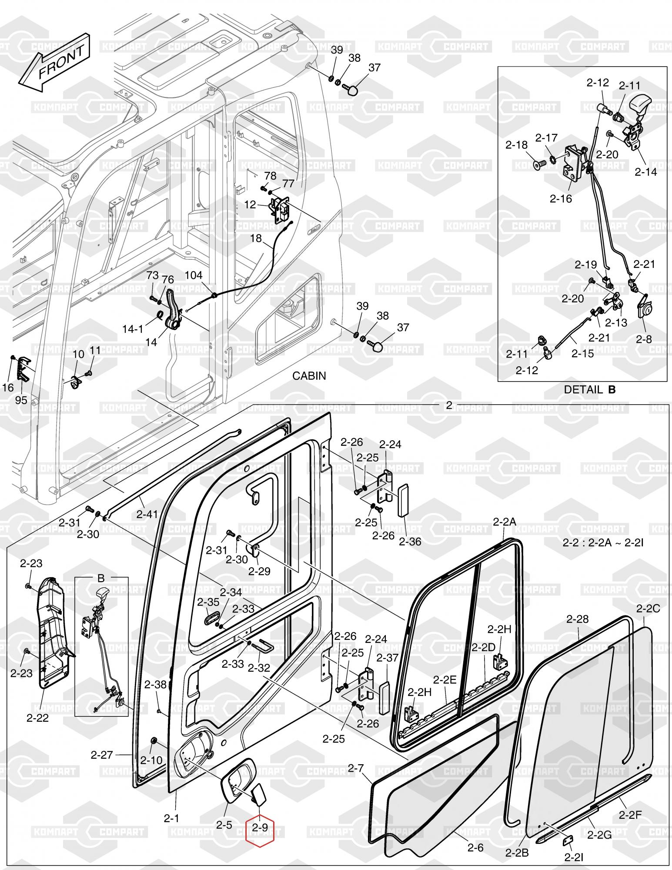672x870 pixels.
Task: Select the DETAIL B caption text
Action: [589, 390]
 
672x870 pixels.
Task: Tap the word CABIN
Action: [309, 376]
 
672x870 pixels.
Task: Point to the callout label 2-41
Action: [147, 514]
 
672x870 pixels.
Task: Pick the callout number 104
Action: [194, 275]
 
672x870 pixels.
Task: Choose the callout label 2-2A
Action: [505, 522]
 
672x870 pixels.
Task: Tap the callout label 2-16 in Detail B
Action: [561, 199]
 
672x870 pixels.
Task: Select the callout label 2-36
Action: [410, 542]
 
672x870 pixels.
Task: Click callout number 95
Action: [21, 400]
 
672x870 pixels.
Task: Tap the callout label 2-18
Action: [516, 145]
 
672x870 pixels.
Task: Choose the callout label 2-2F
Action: [630, 815]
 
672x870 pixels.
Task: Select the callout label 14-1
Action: [132, 329]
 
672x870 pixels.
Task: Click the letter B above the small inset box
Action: [101, 578]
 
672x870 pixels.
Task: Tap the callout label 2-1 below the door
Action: [171, 818]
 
